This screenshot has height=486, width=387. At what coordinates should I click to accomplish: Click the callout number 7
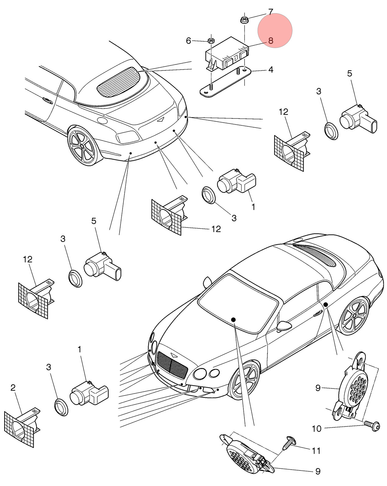click(270, 12)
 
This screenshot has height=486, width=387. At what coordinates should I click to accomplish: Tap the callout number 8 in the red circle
click(270, 41)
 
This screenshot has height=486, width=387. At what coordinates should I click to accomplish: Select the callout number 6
click(188, 41)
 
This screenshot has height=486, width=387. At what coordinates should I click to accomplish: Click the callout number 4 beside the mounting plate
click(270, 70)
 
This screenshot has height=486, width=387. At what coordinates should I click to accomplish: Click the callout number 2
click(13, 388)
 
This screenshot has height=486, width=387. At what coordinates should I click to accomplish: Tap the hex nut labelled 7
click(244, 20)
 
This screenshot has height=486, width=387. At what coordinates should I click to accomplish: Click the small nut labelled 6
click(211, 41)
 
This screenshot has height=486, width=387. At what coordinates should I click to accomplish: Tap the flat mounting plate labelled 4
click(225, 82)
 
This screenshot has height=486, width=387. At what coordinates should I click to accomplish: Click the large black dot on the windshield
click(233, 320)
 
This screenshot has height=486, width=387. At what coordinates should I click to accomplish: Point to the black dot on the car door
click(326, 305)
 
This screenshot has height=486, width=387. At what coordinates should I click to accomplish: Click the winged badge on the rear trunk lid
click(161, 120)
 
